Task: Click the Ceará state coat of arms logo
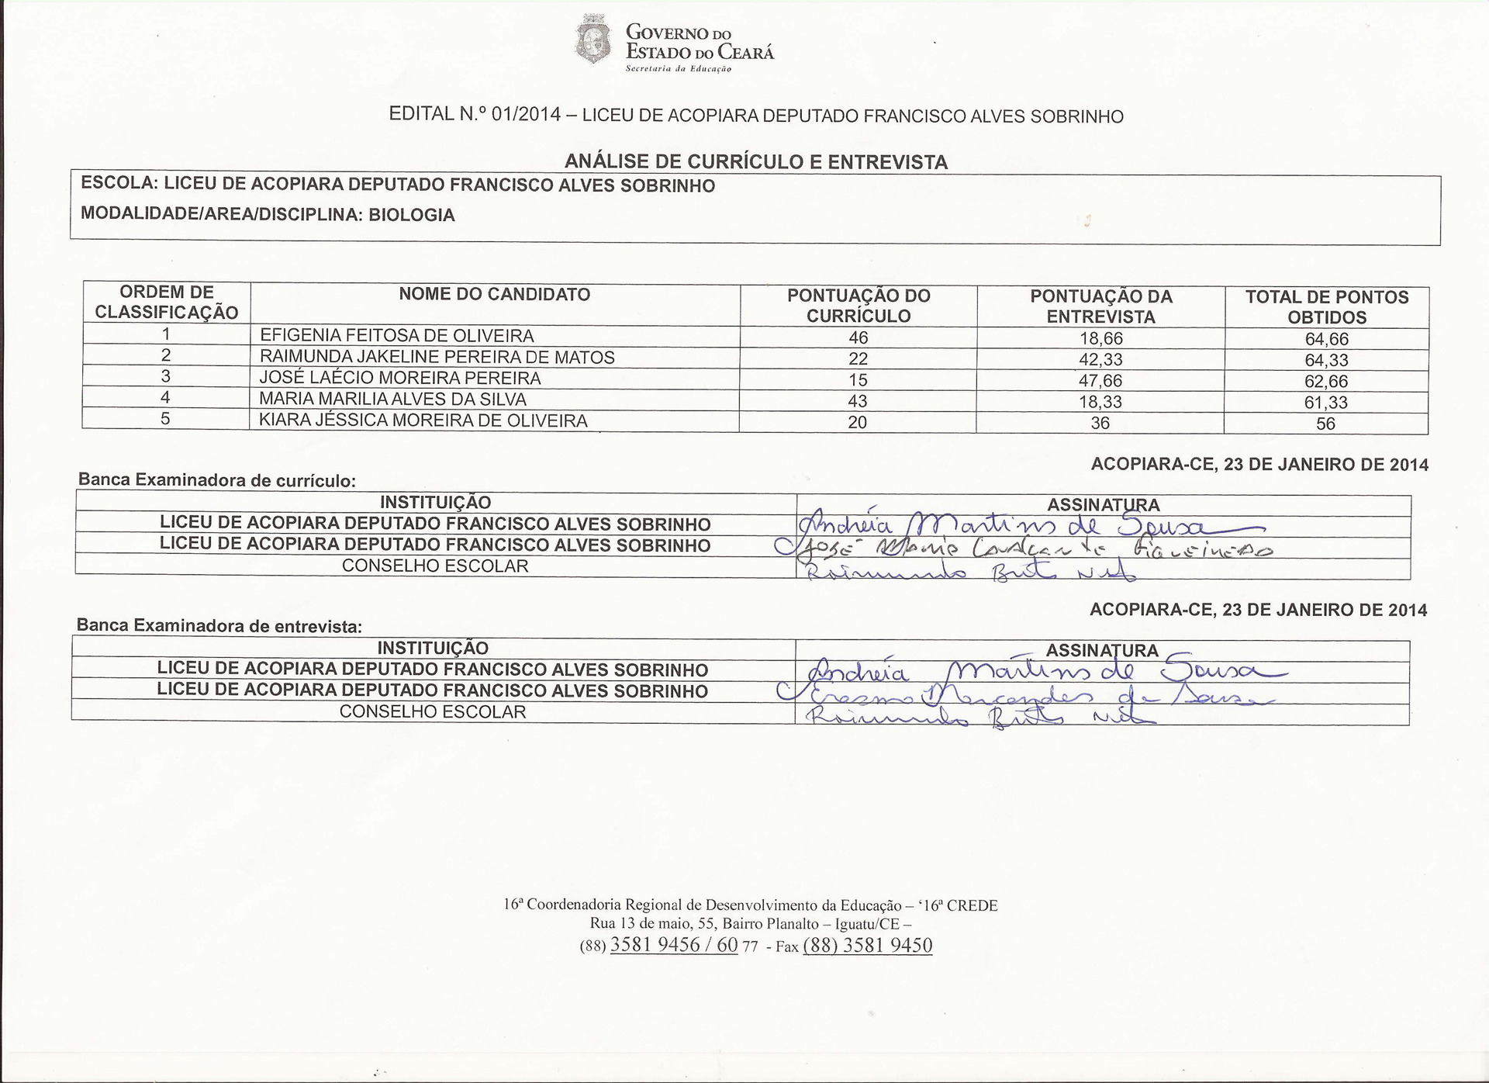594,40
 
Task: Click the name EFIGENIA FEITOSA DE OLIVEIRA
396,336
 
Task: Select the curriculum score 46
858,337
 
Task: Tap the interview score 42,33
1100,360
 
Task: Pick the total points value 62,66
1326,382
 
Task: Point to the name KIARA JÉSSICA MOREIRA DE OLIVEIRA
423,420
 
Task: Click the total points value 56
1325,424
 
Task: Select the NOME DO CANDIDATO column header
494,295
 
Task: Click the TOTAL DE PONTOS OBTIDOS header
1326,307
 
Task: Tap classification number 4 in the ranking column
165,398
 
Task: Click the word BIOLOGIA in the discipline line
411,215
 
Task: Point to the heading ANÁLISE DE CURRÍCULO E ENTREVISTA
755,162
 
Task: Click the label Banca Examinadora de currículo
216,480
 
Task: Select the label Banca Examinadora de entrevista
219,625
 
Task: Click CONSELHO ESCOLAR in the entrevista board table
433,711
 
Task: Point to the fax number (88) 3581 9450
867,945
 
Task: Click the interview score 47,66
1100,381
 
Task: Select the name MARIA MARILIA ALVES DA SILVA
392,400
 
